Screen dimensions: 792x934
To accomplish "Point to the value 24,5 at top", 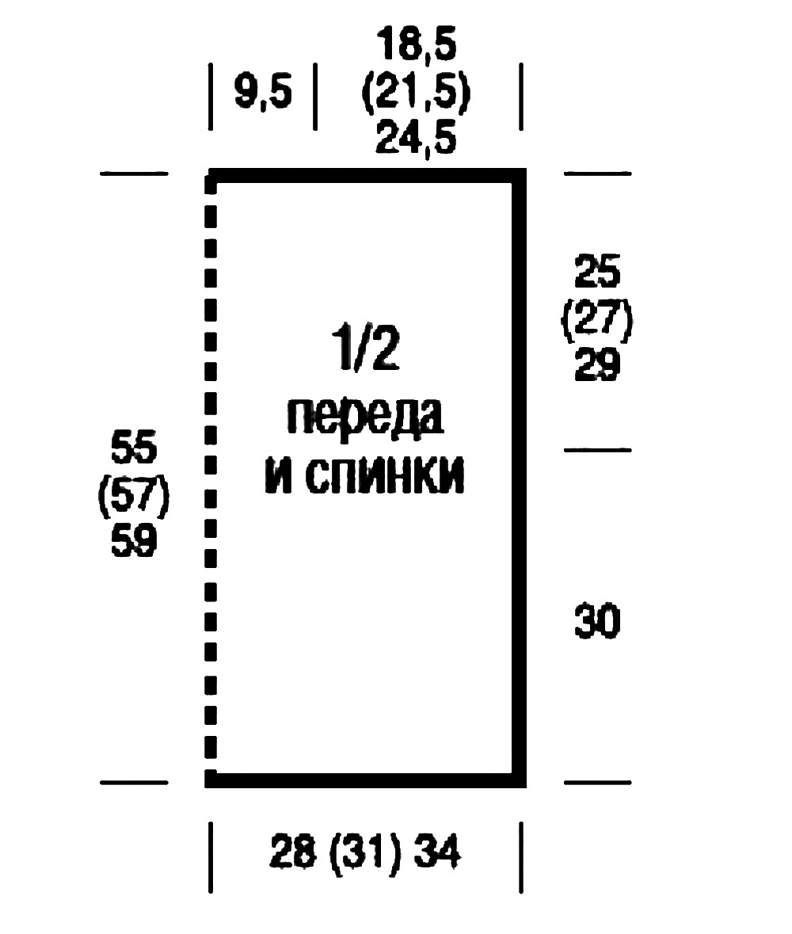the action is click(417, 140).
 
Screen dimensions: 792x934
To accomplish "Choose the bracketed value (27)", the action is click(598, 321).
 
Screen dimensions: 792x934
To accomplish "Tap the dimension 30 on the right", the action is click(598, 622).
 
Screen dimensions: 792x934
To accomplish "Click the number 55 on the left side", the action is click(134, 449).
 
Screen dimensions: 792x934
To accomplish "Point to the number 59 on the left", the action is click(134, 543).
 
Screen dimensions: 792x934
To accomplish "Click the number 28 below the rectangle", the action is click(293, 855).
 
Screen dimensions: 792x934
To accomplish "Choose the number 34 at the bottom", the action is click(436, 855).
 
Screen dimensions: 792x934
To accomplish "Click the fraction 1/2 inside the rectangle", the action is click(365, 353).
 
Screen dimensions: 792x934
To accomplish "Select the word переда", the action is click(365, 417).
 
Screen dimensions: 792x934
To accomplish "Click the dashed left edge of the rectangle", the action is click(211, 475).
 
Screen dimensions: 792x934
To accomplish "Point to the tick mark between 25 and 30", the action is click(597, 450).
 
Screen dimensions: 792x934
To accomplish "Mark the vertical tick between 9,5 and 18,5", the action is click(315, 97).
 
